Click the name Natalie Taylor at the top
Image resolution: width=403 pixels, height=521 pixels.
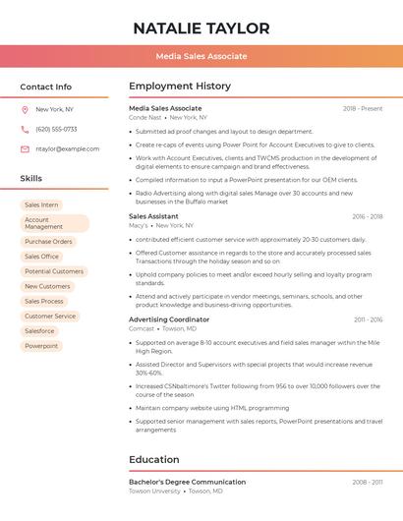(x=201, y=28)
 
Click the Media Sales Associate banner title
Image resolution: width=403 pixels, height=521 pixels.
(x=201, y=56)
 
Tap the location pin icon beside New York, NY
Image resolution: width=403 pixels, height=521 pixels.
(x=25, y=109)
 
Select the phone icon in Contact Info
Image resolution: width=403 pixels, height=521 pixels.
(x=25, y=129)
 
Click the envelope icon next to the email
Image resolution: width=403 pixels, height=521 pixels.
(x=25, y=148)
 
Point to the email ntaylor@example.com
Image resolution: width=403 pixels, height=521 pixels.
(x=68, y=148)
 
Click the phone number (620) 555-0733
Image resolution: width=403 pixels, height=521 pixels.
(x=56, y=129)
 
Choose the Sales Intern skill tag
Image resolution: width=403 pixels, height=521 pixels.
(x=41, y=204)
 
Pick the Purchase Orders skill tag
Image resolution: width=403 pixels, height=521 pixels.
(x=48, y=241)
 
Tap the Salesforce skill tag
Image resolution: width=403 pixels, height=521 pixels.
(x=39, y=331)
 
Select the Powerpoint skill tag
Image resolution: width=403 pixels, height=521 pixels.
(x=41, y=346)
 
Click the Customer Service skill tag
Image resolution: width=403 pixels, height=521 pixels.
(x=50, y=317)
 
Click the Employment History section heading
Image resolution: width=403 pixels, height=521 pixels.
(x=180, y=87)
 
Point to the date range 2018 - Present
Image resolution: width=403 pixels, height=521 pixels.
(x=363, y=108)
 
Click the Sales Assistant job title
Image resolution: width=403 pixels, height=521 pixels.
(x=153, y=216)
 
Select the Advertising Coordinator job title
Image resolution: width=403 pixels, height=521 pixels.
(x=169, y=319)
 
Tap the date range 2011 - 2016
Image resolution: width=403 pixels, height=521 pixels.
(x=368, y=319)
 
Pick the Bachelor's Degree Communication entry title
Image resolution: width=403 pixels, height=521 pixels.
(x=187, y=482)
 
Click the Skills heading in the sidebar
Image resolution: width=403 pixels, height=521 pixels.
(x=31, y=178)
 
